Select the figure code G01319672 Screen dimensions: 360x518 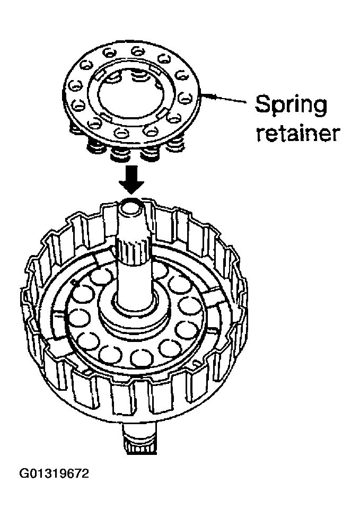54,473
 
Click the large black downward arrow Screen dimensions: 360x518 131,181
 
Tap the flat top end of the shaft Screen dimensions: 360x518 131,207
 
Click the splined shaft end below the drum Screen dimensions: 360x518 139,447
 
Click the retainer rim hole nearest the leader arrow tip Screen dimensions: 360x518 185,98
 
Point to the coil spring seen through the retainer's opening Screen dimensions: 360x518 138,78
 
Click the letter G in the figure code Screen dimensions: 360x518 23,473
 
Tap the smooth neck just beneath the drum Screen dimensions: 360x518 139,433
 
